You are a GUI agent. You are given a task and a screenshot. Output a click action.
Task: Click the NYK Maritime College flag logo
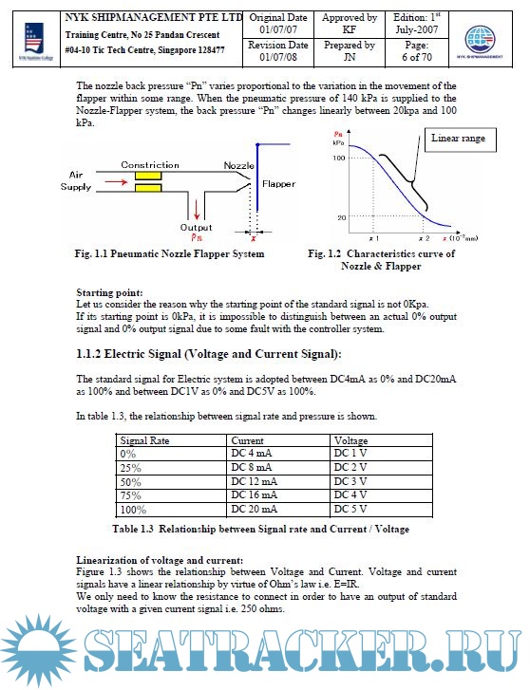(36, 41)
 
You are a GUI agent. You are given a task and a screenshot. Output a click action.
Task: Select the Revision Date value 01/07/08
(278, 57)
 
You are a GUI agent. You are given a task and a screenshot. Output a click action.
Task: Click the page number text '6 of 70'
(416, 57)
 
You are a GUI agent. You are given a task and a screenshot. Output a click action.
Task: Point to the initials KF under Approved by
(349, 30)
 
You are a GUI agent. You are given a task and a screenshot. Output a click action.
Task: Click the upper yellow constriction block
(148, 176)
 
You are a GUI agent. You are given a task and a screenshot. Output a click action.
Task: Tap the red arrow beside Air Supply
(116, 181)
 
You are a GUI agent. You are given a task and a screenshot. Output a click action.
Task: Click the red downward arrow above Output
(197, 209)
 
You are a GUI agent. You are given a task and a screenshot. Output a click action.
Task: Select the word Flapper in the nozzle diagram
(278, 184)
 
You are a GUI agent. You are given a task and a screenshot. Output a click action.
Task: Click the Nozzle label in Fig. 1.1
(238, 165)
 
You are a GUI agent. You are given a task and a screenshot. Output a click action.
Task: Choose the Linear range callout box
(460, 140)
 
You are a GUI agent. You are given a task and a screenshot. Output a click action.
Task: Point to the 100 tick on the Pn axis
(339, 158)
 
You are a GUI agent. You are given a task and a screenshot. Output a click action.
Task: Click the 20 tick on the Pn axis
(341, 217)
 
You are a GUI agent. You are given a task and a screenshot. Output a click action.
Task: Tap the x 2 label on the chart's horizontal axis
(424, 238)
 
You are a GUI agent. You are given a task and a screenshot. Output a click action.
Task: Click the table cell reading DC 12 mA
(255, 481)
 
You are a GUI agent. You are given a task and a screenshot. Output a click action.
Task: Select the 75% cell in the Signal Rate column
(131, 495)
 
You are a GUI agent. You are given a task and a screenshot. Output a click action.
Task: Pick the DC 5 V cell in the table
(350, 509)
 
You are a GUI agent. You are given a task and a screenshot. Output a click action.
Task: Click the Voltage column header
(350, 440)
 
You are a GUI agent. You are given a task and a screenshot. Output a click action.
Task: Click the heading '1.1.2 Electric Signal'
(209, 354)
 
